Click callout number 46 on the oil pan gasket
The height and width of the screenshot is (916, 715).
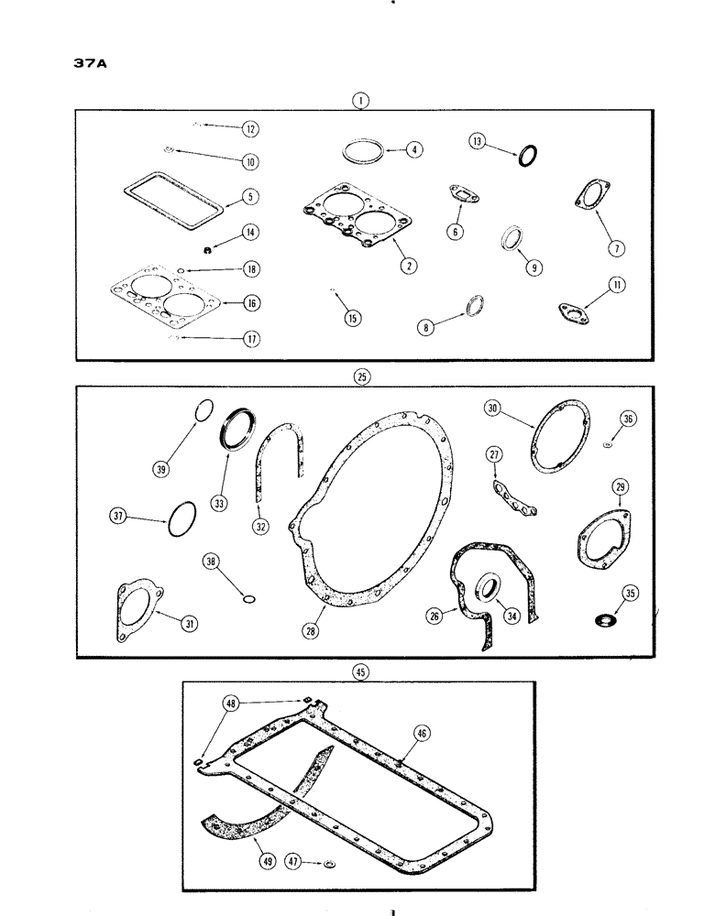click(421, 734)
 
